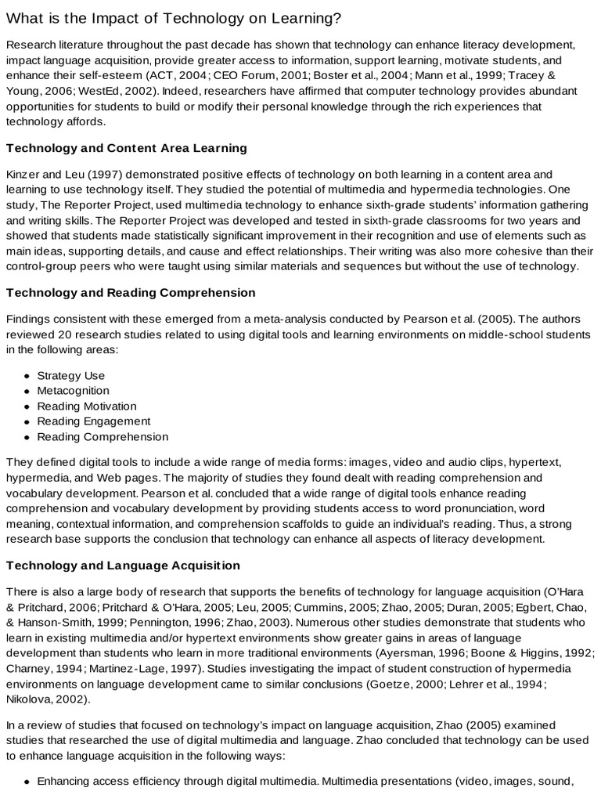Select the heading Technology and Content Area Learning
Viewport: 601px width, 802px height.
[127, 147]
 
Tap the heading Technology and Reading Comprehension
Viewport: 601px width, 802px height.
[131, 293]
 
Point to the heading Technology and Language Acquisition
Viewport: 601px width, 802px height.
[123, 565]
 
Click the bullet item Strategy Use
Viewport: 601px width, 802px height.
[70, 375]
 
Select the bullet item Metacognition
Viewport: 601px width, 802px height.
[73, 391]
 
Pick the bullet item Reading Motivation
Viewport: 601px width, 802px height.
[86, 406]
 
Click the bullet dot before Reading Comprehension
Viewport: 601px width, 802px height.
[27, 437]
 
